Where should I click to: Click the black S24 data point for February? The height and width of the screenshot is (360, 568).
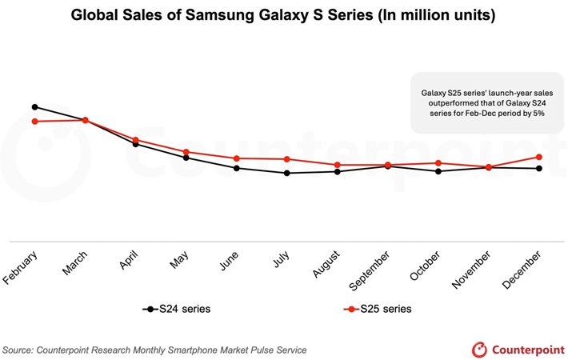point(34,106)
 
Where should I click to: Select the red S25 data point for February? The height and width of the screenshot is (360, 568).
point(34,121)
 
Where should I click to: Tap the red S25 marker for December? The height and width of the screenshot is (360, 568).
point(539,157)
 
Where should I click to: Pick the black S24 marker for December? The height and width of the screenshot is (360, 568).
point(539,168)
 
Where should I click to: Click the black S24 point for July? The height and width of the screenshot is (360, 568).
point(286,173)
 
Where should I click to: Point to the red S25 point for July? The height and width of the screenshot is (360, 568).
point(286,159)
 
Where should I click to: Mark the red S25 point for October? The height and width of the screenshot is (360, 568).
point(438,163)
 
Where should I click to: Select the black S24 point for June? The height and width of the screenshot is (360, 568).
point(236,168)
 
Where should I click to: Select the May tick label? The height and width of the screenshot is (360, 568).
point(181,261)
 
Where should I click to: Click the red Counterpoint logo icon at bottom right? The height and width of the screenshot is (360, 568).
point(479,349)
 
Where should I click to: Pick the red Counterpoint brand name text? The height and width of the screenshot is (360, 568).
point(525,349)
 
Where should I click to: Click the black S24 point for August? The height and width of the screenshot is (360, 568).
point(337,171)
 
